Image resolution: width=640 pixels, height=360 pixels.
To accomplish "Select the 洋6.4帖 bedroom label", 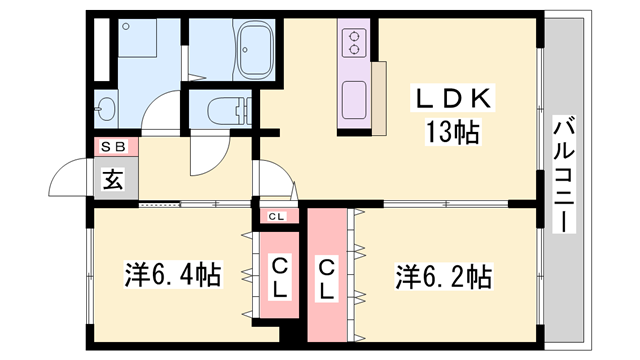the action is point(173,273).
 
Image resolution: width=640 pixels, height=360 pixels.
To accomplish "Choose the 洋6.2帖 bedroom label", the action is point(442,273).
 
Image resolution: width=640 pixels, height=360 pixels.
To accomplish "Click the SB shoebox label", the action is point(112,147).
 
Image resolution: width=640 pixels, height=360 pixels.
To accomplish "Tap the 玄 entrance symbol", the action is point(112,181).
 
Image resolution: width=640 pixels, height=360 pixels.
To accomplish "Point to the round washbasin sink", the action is point(106,108).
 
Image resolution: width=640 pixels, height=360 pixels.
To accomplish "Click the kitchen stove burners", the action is point(353,42).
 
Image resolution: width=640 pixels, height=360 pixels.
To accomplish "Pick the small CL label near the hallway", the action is point(275,216).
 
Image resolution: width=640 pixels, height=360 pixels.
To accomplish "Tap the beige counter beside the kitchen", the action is point(379,98).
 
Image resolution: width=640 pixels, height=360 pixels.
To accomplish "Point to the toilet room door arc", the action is point(207,160).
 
